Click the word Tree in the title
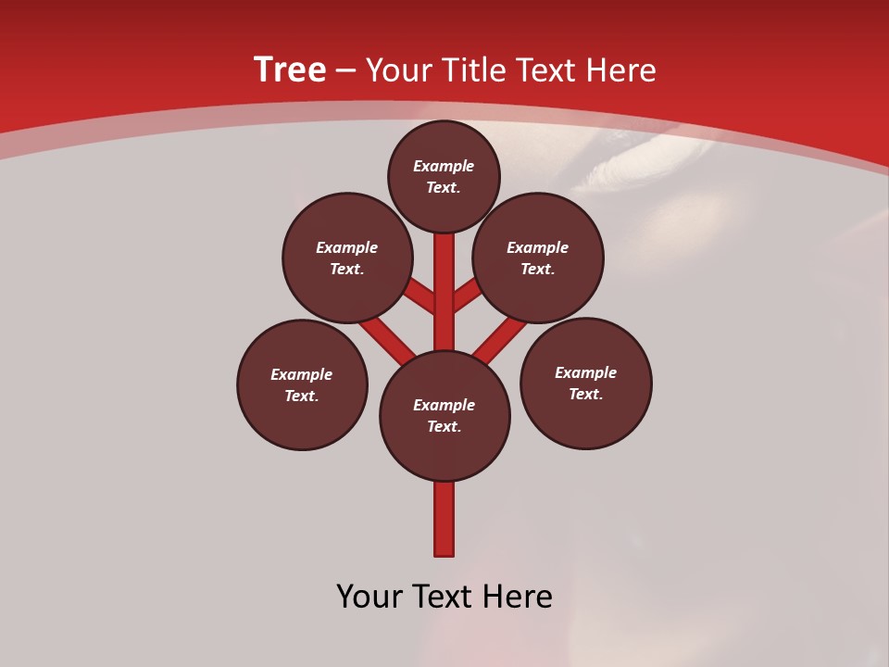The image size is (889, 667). [290, 70]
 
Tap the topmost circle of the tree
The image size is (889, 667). [444, 176]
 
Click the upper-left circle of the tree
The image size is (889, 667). [347, 258]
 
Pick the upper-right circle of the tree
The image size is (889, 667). [538, 258]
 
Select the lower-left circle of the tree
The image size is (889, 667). [302, 384]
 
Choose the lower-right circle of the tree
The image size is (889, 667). [586, 383]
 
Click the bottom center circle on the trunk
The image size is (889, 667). [444, 415]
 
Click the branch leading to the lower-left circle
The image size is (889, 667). [387, 338]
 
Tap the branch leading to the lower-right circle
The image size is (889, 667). [500, 340]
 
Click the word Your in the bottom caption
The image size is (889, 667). [369, 597]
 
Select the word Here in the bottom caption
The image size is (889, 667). [518, 597]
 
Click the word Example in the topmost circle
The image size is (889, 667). [444, 166]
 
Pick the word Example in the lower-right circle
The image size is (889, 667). [585, 372]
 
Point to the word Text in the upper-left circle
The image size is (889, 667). [345, 269]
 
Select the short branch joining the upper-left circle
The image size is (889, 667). [420, 297]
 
